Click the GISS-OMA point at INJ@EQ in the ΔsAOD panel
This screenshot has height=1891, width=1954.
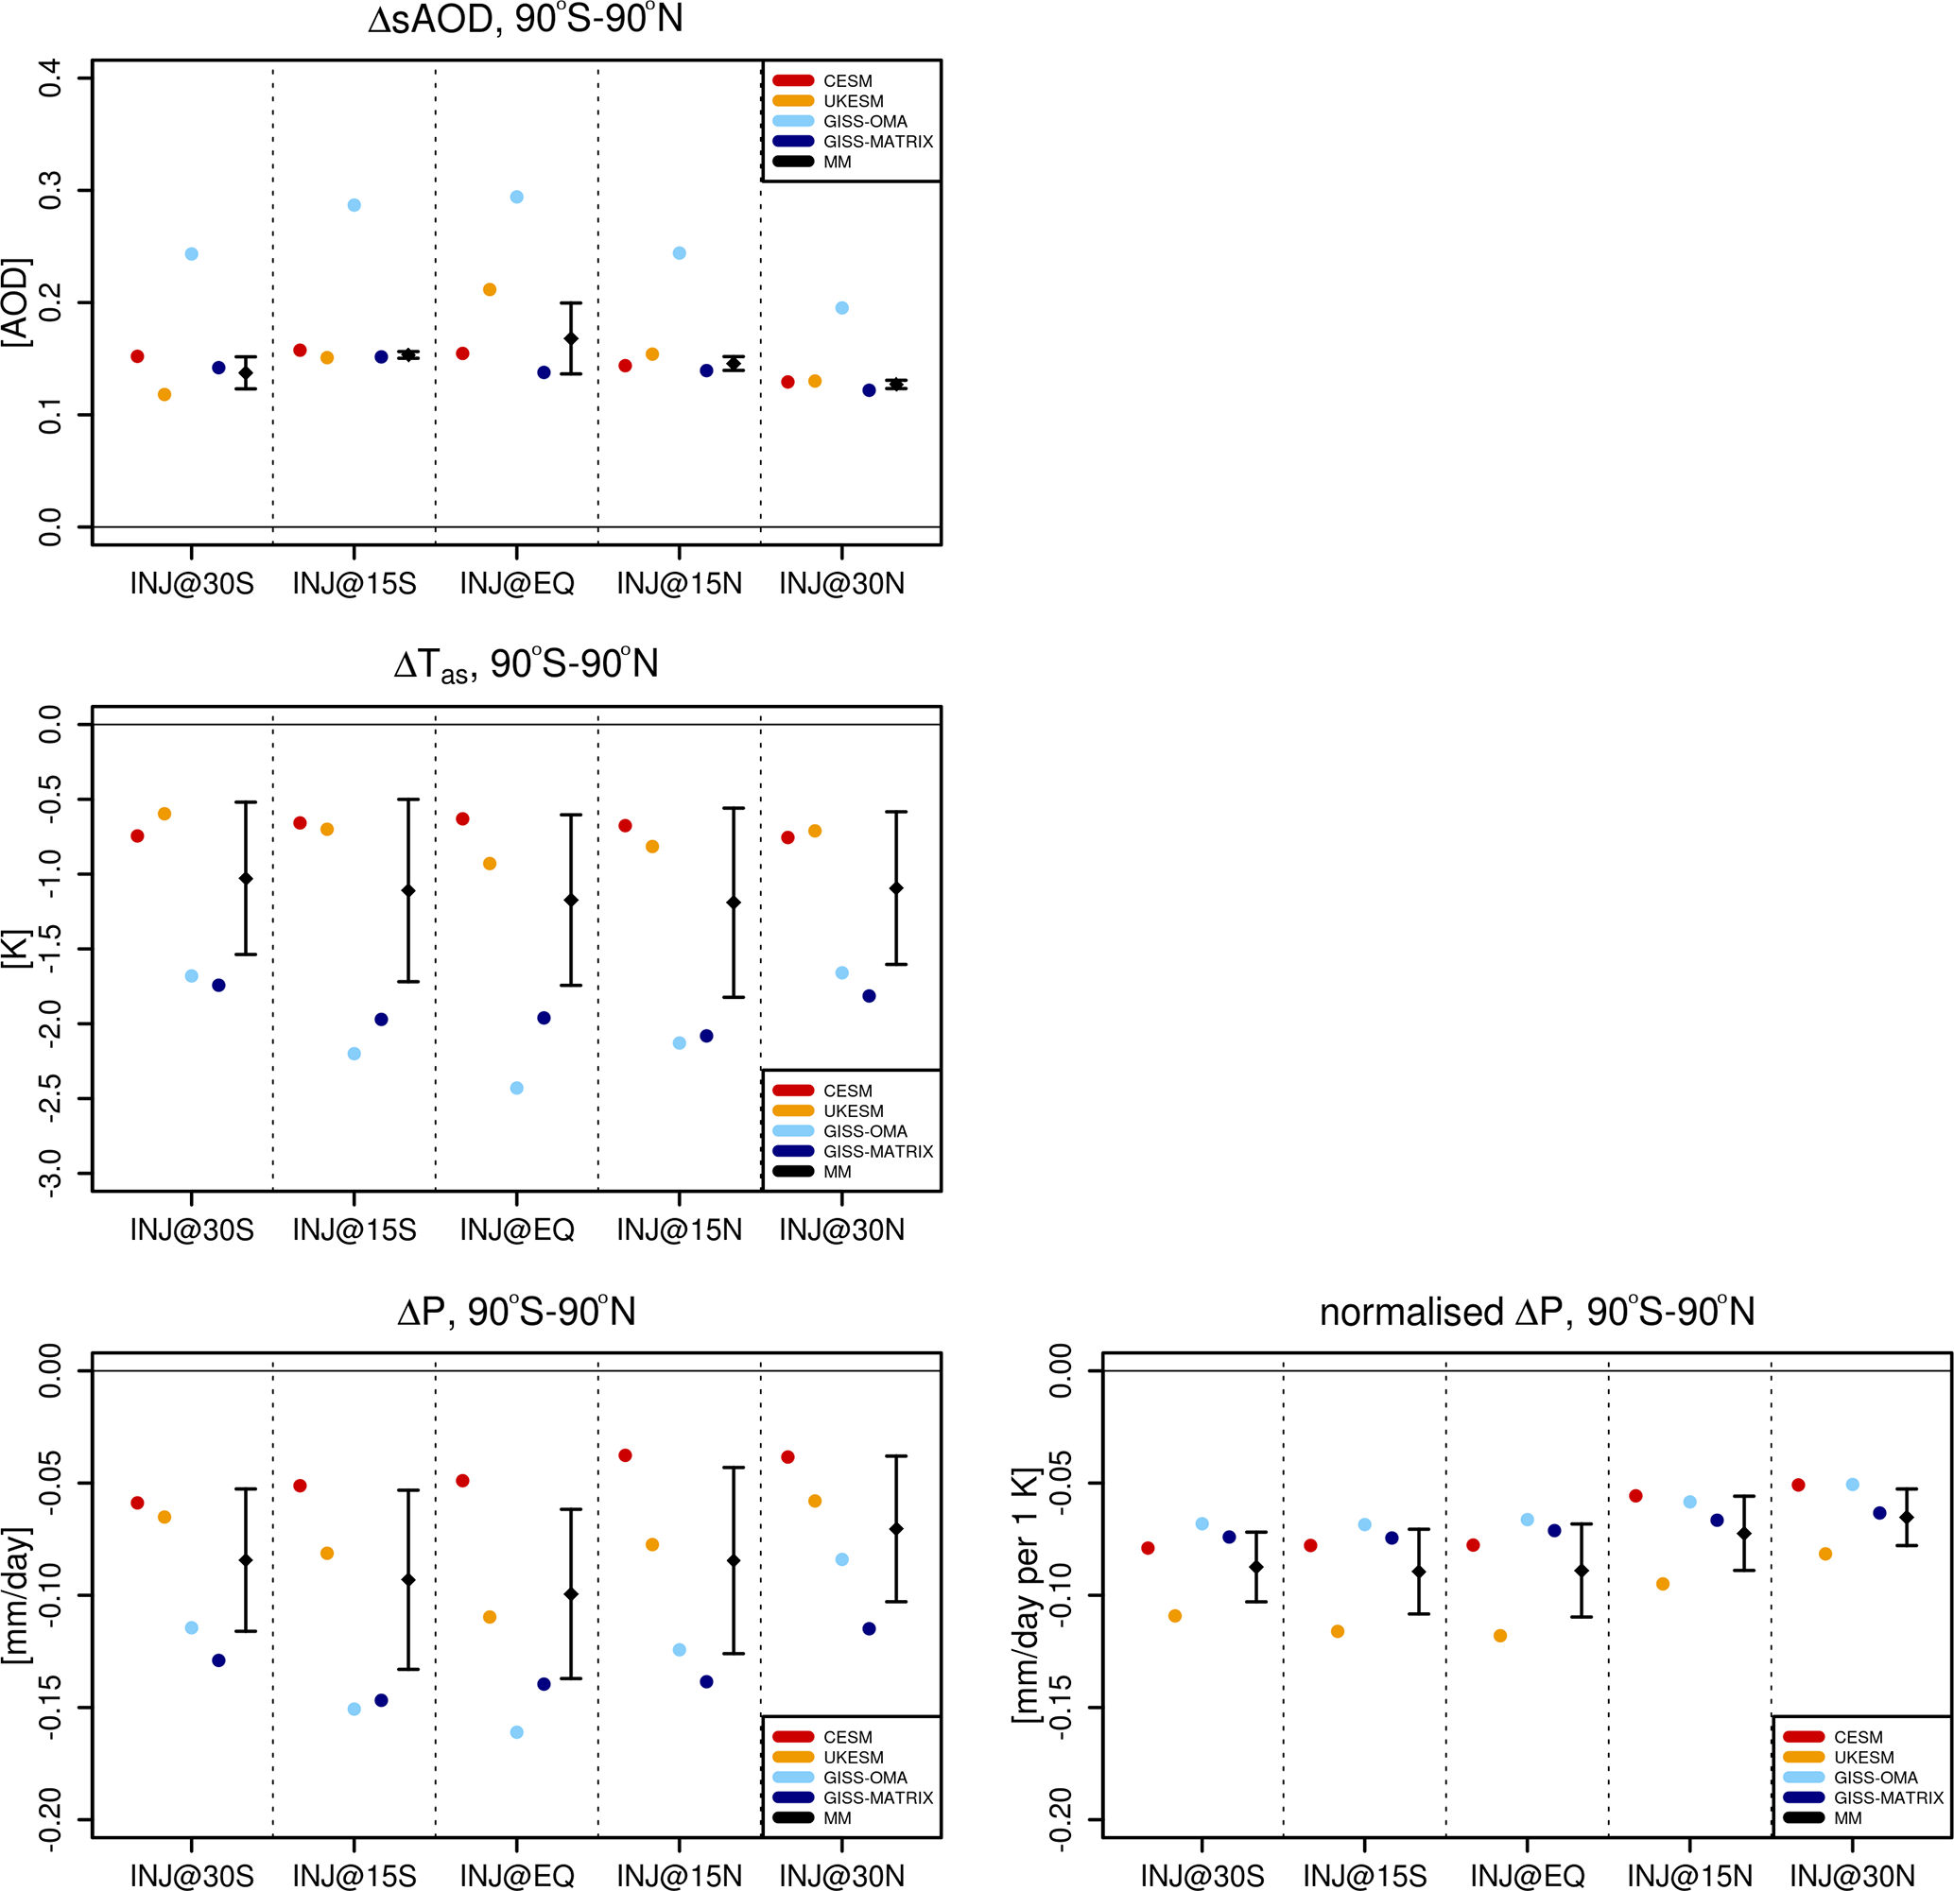[516, 198]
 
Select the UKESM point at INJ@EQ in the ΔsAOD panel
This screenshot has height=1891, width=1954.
[490, 290]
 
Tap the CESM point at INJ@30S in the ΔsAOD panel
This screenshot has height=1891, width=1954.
[138, 357]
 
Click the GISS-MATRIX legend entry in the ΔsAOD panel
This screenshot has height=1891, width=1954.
[877, 142]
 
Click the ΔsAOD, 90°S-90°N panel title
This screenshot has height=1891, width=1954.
[526, 20]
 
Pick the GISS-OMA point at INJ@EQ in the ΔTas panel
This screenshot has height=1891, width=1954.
[516, 1088]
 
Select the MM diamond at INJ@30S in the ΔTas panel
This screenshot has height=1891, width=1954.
[245, 878]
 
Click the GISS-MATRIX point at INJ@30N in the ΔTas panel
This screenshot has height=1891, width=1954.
[870, 996]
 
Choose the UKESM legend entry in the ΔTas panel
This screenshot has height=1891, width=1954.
[853, 1110]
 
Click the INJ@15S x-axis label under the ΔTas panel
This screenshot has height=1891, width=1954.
[354, 1230]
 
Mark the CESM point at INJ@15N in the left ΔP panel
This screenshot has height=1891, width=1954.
[625, 1455]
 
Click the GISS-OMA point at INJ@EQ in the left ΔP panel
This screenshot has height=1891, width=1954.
[516, 1732]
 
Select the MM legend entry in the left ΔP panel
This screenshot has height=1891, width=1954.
[838, 1818]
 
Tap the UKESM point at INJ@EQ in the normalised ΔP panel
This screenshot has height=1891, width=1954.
[1500, 1636]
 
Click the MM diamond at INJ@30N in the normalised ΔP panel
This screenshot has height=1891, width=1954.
[1906, 1517]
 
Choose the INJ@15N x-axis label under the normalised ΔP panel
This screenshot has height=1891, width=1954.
[1690, 1876]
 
